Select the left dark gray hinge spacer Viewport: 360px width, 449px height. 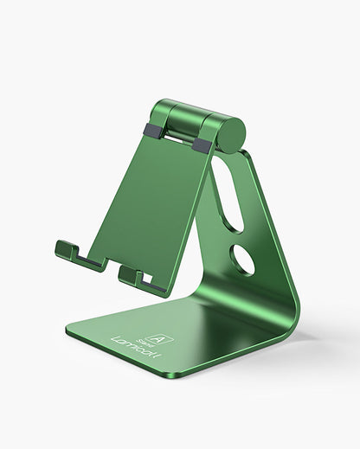pyautogui.click(x=152, y=131)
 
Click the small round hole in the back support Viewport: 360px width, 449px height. pyautogui.click(x=243, y=260)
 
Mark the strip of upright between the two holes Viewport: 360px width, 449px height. pyautogui.click(x=239, y=232)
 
